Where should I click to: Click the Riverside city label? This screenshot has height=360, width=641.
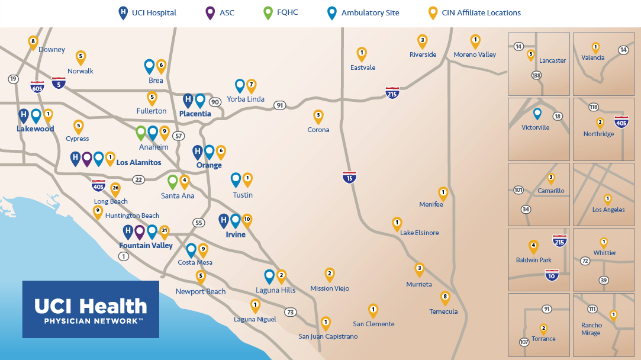[423, 54]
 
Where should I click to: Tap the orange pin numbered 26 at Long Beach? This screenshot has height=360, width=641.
[115, 189]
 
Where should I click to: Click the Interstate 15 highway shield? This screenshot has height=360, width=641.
[350, 176]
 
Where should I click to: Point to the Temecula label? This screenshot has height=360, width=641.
[443, 311]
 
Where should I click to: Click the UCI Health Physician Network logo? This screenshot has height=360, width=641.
[91, 309]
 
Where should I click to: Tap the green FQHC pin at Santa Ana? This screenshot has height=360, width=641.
[173, 181]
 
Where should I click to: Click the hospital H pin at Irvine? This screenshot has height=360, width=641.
[223, 220]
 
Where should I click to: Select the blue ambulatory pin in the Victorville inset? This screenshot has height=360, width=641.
[537, 114]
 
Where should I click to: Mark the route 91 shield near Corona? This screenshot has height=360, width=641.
[279, 105]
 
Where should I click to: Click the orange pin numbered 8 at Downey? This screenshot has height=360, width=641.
[33, 41]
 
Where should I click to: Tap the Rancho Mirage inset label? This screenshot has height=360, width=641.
[591, 329]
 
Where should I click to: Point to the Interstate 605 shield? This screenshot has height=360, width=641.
[37, 86]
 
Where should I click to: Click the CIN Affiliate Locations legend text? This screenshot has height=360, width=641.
[481, 12]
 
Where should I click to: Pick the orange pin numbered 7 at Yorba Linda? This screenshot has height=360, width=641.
[251, 85]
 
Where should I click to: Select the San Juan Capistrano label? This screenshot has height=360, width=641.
[328, 336]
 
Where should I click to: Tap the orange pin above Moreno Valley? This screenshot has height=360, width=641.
[475, 40]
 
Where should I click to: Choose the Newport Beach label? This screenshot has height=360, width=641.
[201, 291]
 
